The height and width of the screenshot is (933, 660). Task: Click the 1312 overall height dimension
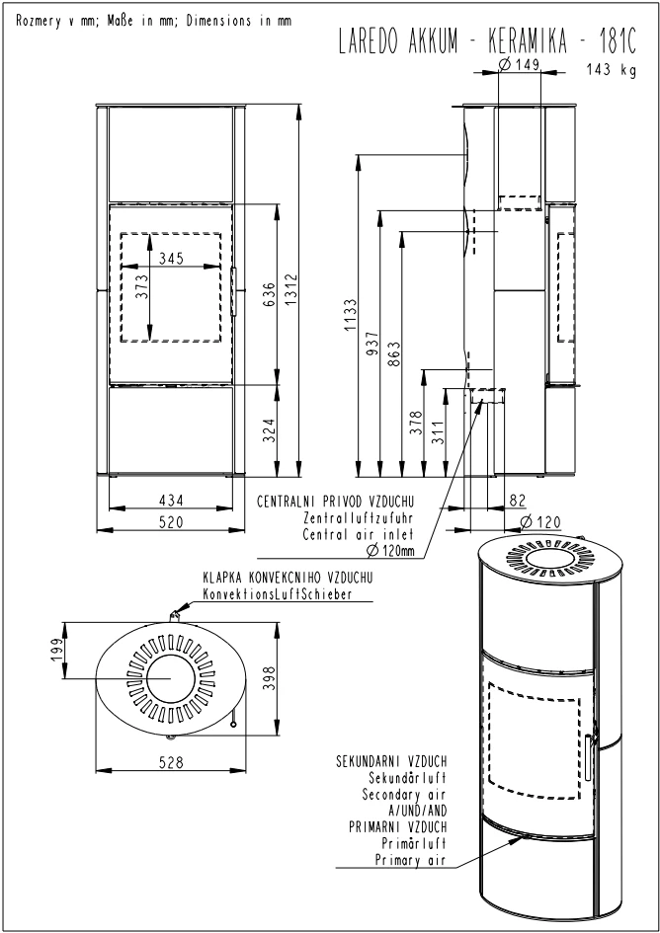pos(289,290)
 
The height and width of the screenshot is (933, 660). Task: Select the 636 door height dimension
pos(270,294)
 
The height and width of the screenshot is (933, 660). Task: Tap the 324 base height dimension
pos(270,430)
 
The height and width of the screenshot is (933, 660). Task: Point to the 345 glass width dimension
pos(171,259)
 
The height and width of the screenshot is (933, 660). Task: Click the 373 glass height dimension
pos(141,287)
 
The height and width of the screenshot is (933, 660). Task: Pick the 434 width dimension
pos(171,501)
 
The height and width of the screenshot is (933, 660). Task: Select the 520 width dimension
pos(171,522)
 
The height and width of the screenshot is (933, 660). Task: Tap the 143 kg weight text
pos(611,70)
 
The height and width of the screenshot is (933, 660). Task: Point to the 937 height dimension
pos(372,344)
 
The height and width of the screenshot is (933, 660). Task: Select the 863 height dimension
pos(395,353)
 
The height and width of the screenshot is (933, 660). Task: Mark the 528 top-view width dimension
pos(172,761)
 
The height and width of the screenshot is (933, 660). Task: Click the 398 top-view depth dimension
pos(269,678)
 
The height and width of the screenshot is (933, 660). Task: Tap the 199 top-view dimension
pos(56,651)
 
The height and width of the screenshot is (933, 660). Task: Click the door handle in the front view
pos(234,291)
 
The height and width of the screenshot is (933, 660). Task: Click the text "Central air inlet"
pos(358,534)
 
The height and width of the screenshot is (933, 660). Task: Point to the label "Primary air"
pos(410,860)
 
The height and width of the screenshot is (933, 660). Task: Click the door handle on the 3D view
pos(589,757)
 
